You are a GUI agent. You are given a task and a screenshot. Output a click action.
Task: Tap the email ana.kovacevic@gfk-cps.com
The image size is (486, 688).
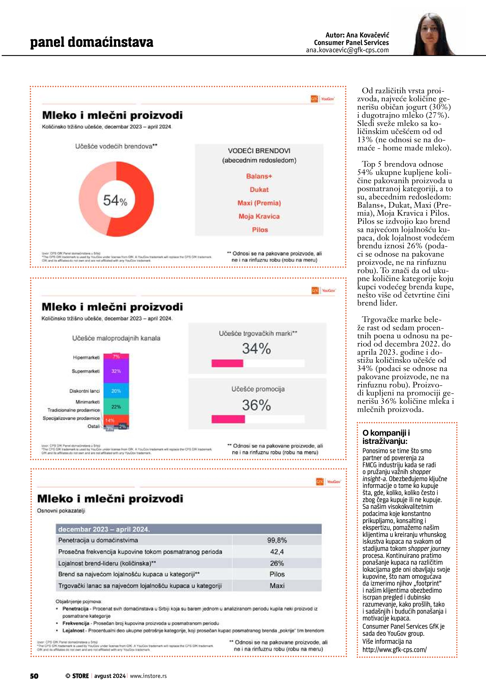(347, 50)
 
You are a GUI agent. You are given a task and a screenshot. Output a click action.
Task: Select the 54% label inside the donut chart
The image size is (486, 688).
(115, 200)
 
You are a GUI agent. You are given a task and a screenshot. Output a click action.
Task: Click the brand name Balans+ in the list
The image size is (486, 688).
(259, 176)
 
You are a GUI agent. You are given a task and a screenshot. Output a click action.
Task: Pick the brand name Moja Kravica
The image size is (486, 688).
(259, 216)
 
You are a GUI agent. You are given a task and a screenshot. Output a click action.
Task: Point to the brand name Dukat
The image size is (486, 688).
(259, 190)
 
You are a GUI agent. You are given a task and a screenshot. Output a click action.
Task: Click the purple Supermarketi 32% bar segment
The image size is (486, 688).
(116, 371)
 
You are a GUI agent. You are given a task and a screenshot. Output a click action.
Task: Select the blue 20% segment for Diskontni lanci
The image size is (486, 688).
(116, 391)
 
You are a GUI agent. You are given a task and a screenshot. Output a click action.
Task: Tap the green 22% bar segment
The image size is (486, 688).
(116, 407)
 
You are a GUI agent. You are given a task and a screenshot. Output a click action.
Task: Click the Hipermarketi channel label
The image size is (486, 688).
(86, 358)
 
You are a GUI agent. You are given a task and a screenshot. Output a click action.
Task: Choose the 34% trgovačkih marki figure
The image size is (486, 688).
(257, 349)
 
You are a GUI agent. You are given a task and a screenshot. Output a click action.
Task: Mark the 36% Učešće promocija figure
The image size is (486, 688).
(257, 405)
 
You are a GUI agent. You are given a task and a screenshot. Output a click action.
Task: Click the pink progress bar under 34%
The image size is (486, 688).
(227, 363)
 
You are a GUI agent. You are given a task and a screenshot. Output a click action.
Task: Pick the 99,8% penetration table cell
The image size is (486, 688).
(277, 540)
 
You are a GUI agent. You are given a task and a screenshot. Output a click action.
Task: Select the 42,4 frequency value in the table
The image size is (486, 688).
(277, 552)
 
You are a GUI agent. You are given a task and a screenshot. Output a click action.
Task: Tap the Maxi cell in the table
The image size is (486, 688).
(277, 586)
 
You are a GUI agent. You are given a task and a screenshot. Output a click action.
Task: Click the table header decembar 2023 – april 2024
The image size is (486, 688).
(104, 529)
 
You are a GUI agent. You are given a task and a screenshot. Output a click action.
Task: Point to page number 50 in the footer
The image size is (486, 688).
(34, 676)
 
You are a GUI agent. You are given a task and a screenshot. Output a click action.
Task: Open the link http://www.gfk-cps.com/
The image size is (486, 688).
(395, 650)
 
